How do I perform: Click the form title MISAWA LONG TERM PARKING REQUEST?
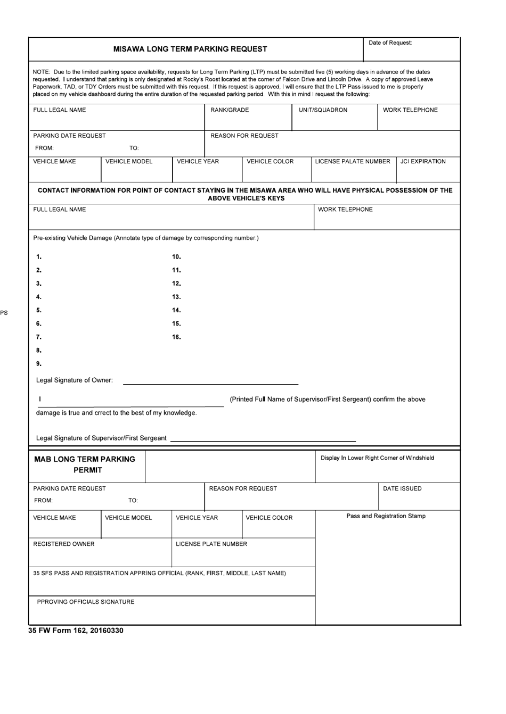(190, 49)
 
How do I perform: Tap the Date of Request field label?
(390, 43)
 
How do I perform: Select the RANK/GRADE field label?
(230, 110)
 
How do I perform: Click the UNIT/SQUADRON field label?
(323, 110)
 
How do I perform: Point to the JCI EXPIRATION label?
(423, 162)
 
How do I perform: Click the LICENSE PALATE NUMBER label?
(353, 162)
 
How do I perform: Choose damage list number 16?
(176, 337)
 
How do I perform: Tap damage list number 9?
(38, 364)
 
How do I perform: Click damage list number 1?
(38, 257)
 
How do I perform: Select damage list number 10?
(176, 257)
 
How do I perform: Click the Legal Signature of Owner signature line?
(210, 383)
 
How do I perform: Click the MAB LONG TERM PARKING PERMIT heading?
(85, 464)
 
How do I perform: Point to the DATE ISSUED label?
(402, 488)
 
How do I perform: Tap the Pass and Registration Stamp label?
(386, 516)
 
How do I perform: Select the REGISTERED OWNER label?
(63, 544)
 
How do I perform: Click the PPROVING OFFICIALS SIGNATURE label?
(86, 602)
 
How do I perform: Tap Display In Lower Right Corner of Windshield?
(377, 458)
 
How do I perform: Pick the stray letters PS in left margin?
(4, 313)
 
